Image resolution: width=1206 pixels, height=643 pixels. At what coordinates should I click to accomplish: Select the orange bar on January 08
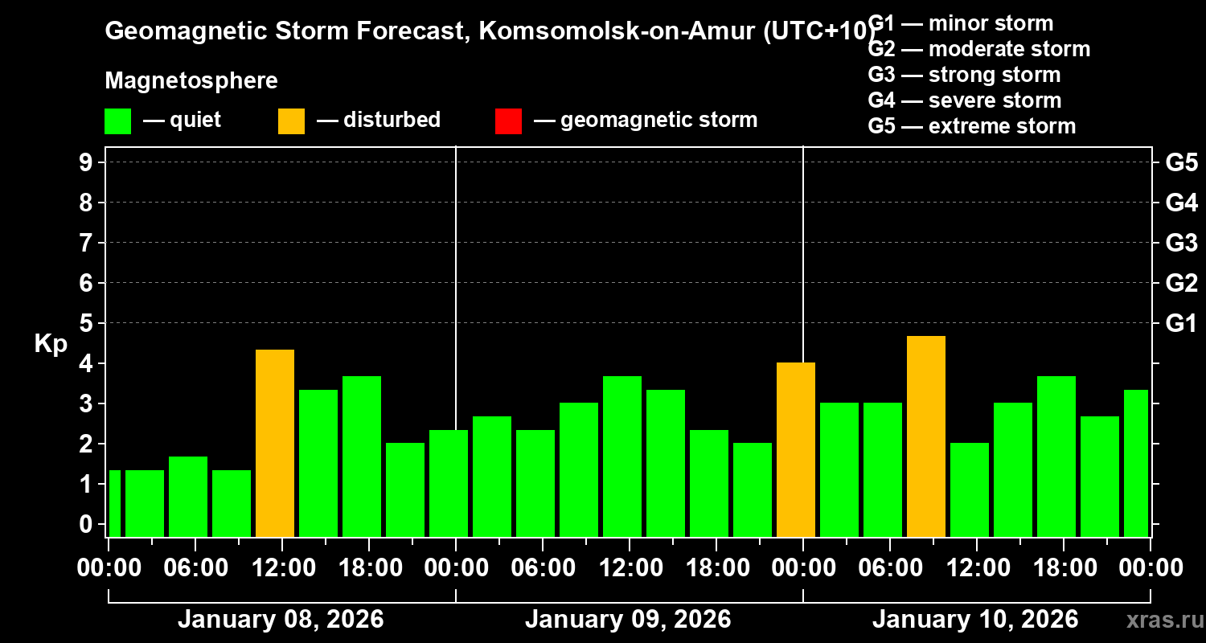click(x=274, y=443)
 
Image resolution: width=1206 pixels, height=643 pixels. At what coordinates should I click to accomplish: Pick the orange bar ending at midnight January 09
click(x=795, y=449)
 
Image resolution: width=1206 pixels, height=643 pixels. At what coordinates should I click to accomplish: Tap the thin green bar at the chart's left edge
click(x=114, y=503)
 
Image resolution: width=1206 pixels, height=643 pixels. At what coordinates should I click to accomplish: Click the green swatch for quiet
click(x=117, y=121)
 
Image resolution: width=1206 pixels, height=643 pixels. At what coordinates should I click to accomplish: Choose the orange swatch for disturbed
click(x=291, y=121)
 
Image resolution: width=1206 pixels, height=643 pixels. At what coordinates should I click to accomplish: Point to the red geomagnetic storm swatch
click(x=508, y=121)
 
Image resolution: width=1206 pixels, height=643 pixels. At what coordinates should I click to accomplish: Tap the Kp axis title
click(x=51, y=343)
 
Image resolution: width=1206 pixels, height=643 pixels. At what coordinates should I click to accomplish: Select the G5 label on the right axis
click(x=1181, y=163)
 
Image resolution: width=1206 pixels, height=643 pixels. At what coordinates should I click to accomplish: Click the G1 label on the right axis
click(x=1181, y=324)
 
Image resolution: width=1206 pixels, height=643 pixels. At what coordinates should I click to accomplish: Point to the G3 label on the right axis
click(x=1181, y=244)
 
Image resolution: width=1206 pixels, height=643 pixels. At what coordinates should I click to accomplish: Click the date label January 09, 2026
click(x=628, y=620)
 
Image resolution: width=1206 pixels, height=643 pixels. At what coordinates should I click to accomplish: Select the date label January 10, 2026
click(x=975, y=620)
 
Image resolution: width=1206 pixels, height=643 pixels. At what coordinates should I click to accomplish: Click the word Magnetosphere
click(x=191, y=81)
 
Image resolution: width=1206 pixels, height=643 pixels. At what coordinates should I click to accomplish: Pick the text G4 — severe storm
click(x=965, y=100)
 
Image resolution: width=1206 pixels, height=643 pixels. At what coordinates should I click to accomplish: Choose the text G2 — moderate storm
click(x=979, y=49)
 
